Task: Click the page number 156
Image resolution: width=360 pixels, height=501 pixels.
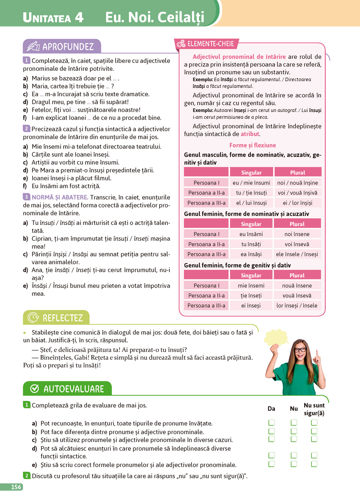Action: [16, 487]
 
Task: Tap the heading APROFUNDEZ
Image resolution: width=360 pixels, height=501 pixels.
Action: [68, 46]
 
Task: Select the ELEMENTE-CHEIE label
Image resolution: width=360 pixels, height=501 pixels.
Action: [210, 44]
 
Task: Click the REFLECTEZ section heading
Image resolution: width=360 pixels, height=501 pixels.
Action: [63, 318]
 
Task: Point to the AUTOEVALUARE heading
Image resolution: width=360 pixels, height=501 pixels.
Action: [73, 389]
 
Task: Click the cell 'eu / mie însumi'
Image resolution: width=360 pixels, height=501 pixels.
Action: [251, 183]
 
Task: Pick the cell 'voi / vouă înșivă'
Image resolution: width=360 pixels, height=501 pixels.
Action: [297, 193]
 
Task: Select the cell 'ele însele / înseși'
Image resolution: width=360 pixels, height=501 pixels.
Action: [297, 254]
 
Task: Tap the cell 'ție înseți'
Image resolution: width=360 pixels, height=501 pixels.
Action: [251, 296]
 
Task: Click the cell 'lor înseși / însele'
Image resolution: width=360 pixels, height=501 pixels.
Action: [297, 305]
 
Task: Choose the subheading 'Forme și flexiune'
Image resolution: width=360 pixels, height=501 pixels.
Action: [252, 145]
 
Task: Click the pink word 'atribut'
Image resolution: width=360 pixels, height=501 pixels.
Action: [250, 134]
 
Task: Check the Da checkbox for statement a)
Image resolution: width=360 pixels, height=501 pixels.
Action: [271, 423]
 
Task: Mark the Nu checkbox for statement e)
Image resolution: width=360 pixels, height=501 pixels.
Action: [294, 464]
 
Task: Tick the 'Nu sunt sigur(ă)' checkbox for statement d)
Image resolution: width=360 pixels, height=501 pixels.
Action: [314, 456]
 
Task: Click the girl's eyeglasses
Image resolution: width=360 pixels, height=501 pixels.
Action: [300, 350]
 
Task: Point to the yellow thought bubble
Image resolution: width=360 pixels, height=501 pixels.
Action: [276, 337]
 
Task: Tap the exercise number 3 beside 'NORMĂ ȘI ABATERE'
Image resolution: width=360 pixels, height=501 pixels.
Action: [26, 197]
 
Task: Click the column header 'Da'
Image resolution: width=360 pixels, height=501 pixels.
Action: [271, 408]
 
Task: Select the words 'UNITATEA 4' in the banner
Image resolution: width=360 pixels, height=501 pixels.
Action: [53, 17]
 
